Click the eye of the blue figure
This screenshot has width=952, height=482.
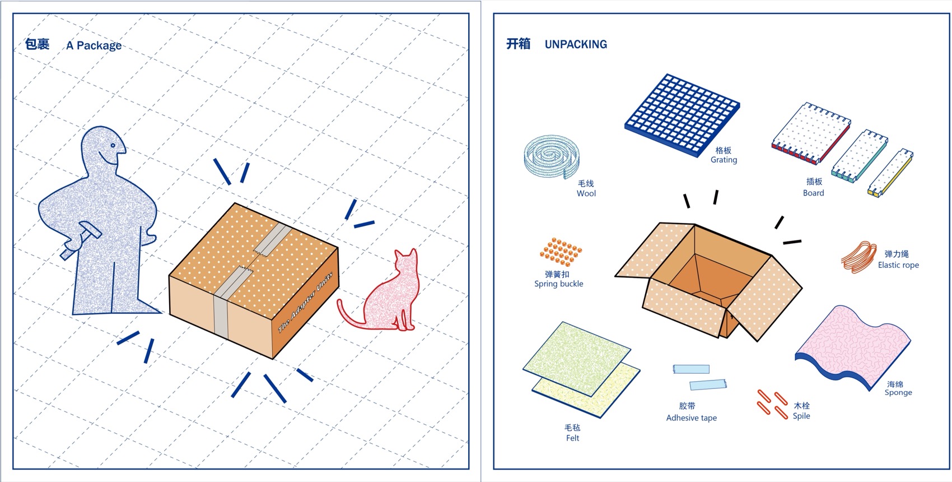113,146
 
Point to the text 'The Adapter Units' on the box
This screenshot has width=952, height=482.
306,302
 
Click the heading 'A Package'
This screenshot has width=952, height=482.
94,45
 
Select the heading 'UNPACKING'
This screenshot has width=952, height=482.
576,44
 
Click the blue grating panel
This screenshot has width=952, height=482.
682,115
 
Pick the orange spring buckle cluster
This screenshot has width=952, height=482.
561,251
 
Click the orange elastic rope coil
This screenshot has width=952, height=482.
858,257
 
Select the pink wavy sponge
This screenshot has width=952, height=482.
852,347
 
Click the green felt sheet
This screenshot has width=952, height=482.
577,359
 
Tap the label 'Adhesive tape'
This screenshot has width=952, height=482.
692,418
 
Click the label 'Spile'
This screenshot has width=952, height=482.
801,416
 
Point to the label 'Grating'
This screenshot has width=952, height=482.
724,160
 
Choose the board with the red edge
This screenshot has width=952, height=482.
811,133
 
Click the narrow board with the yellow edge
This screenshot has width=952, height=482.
890,172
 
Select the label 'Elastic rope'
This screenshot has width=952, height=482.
898,265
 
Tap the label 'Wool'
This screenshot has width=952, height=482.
586,193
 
